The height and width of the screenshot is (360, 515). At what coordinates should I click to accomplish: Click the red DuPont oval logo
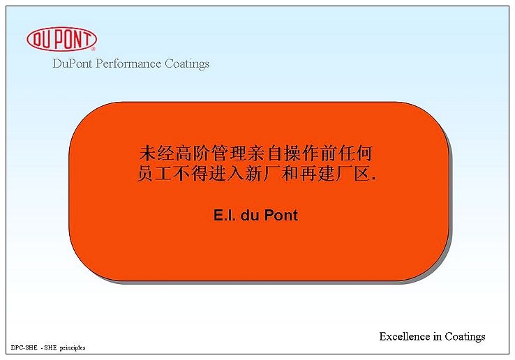(x=61, y=39)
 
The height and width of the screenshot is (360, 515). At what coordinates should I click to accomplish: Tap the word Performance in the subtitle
(x=128, y=63)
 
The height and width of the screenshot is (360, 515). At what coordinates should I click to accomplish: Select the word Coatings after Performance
(x=187, y=64)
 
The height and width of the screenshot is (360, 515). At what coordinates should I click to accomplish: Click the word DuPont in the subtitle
(x=73, y=63)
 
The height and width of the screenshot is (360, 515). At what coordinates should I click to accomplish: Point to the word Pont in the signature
(x=281, y=216)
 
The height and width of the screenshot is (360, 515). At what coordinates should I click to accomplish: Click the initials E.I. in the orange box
(x=225, y=216)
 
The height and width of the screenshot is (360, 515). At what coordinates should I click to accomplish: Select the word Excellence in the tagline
(x=405, y=336)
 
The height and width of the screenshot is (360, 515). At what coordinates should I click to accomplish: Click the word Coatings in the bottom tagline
(x=465, y=337)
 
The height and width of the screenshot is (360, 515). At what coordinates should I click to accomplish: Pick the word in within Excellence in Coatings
(x=438, y=336)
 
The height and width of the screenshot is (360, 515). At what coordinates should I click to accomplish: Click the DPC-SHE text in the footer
(x=24, y=347)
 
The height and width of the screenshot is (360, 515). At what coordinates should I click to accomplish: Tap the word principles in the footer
(x=73, y=348)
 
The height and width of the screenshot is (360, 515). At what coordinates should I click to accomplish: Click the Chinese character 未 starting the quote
(x=147, y=153)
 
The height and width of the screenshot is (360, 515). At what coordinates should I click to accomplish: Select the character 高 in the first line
(x=184, y=153)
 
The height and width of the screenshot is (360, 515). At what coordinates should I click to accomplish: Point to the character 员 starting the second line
(x=146, y=174)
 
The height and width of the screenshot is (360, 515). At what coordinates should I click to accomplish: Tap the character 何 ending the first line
(x=364, y=153)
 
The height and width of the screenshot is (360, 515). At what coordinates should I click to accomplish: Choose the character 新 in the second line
(x=254, y=174)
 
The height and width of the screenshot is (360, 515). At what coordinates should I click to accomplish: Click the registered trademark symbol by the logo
(x=93, y=49)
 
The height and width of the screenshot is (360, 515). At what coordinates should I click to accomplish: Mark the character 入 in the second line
(x=236, y=174)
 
